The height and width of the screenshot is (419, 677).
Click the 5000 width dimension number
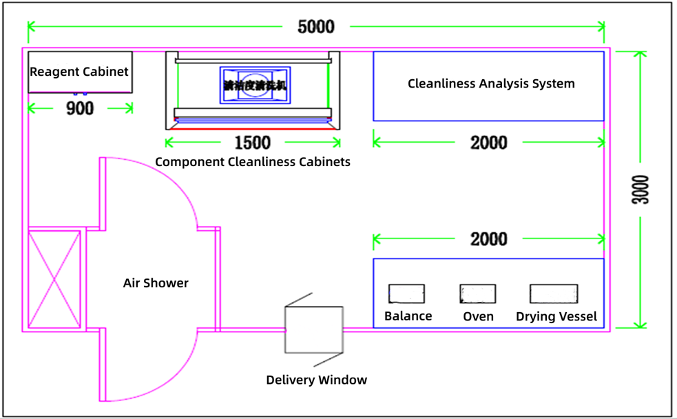316,27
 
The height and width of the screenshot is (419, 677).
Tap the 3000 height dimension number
640,189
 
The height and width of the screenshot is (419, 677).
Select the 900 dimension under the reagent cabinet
80,108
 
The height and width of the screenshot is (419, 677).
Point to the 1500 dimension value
253,143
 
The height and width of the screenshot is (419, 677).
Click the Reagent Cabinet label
79,72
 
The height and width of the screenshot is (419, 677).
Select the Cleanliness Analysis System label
491,84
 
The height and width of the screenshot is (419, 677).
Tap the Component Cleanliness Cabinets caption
253,162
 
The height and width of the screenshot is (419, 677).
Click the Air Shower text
156,283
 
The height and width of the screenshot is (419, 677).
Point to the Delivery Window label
317,380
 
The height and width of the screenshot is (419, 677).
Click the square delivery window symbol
314,330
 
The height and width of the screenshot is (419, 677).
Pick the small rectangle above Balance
406,294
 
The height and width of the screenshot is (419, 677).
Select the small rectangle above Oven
478,294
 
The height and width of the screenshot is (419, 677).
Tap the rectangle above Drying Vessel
554,294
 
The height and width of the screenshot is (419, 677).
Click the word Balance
408,316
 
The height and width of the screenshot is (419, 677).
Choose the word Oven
478,316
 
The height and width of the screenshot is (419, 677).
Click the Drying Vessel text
556,317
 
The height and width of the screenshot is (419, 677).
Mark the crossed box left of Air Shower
54,280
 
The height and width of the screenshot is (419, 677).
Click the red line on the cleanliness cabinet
253,127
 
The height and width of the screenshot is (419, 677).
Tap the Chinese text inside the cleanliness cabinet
255,85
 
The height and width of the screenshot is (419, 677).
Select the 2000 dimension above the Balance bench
489,239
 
